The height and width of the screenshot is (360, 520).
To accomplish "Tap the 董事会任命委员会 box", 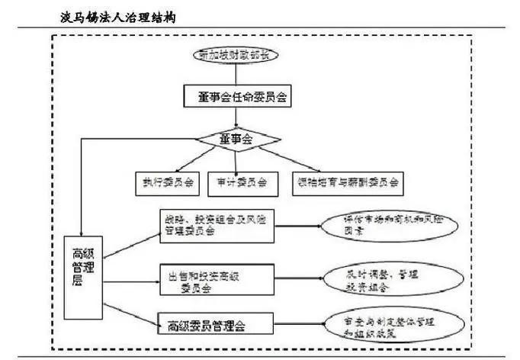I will [x=239, y=97].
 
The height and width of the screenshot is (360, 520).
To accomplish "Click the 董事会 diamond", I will [x=239, y=140].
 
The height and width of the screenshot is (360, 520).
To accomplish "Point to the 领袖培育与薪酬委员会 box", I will [x=348, y=182].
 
